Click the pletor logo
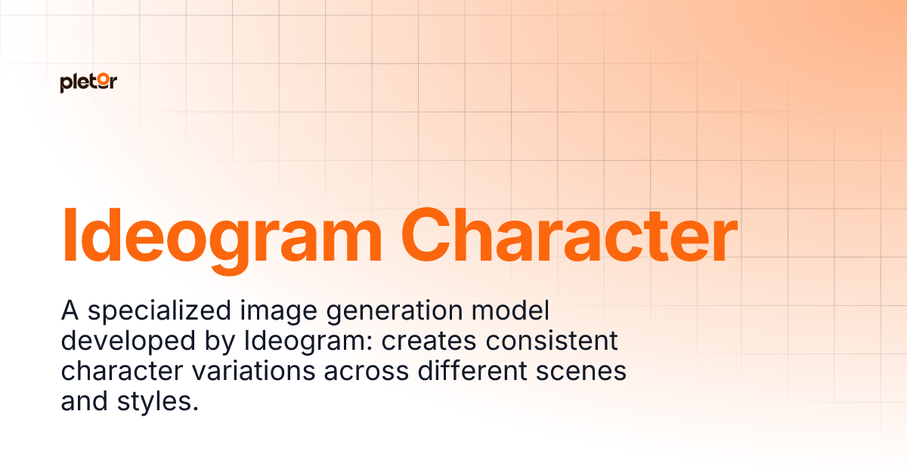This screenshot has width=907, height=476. tap(88, 83)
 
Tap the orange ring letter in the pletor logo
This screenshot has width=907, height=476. tap(103, 83)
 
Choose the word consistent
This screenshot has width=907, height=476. tap(552, 342)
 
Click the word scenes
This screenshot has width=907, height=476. tap(592, 372)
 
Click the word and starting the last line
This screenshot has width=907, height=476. tap(84, 400)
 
